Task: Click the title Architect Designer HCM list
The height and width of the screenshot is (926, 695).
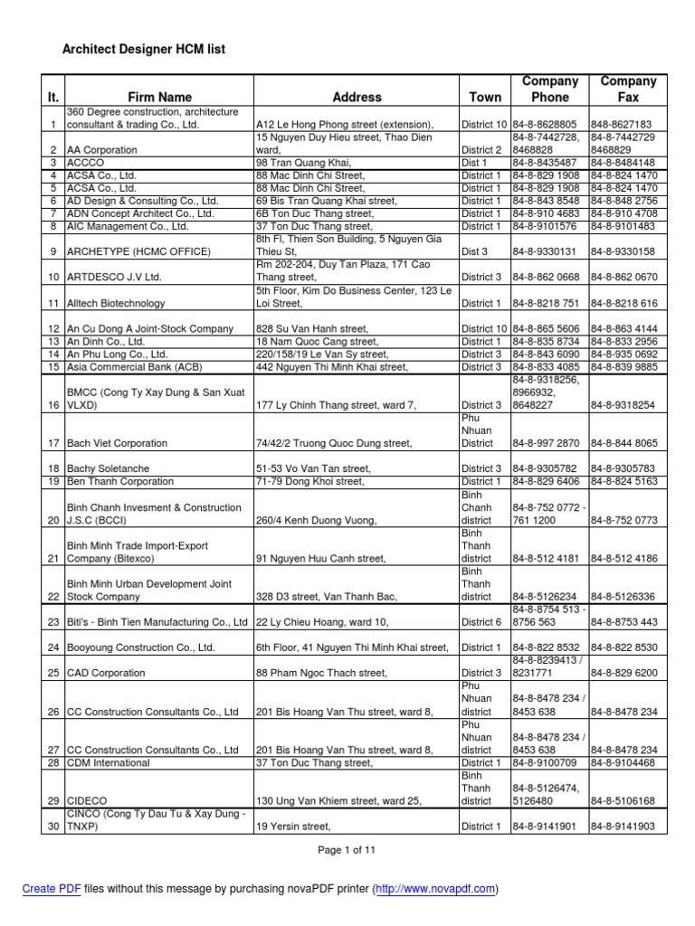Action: coord(143,50)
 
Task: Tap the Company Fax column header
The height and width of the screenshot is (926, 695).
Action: coord(628,89)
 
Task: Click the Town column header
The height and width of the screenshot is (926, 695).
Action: coord(485,97)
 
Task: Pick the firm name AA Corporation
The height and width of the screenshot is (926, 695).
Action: coord(101,150)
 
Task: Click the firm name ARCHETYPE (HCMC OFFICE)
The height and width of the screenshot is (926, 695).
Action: coord(138,250)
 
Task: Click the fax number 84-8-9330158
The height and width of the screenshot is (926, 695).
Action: coord(623,250)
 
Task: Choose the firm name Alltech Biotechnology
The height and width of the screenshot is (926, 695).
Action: coord(116,304)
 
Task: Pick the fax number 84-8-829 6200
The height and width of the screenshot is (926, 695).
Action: coord(624,673)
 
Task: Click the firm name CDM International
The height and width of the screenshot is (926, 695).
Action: coord(109,763)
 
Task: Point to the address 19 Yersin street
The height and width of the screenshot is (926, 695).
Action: coord(293,827)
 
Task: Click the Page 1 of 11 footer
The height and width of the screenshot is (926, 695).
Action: coord(347,850)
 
